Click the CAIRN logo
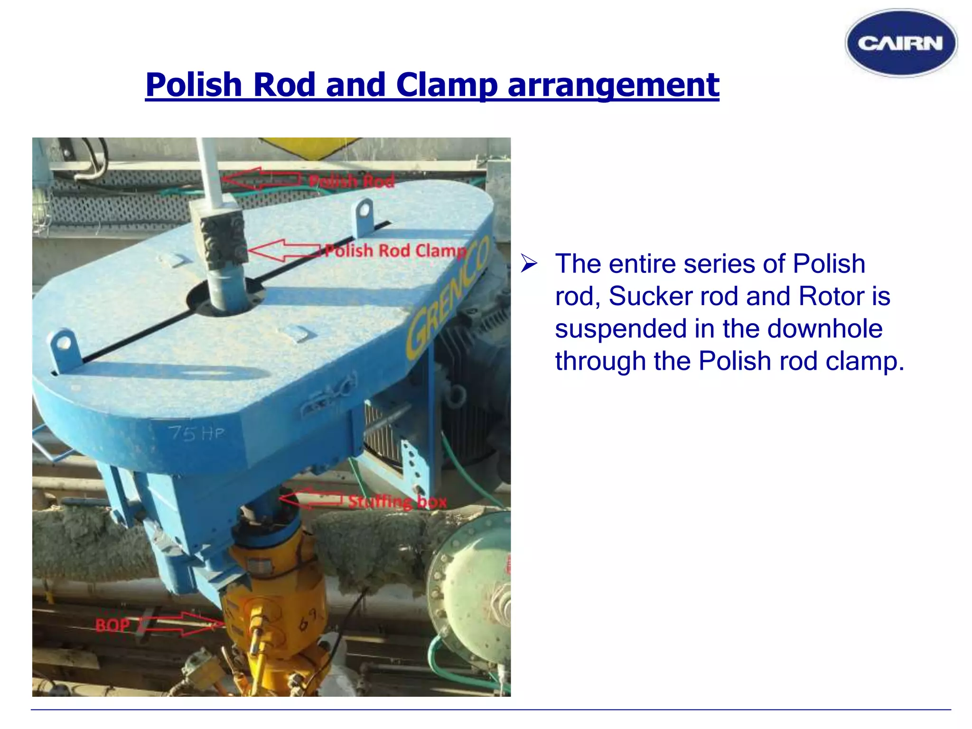coord(901,43)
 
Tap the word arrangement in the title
coord(613,85)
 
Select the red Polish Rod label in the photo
coord(351,181)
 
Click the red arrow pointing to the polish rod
coord(261,179)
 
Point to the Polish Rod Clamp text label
coord(395,251)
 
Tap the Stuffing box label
coord(397,502)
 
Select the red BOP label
coord(112,625)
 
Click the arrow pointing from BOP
coord(183,624)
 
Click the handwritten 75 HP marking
coord(196,433)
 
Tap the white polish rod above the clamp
coord(209,171)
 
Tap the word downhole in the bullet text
coord(824,328)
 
